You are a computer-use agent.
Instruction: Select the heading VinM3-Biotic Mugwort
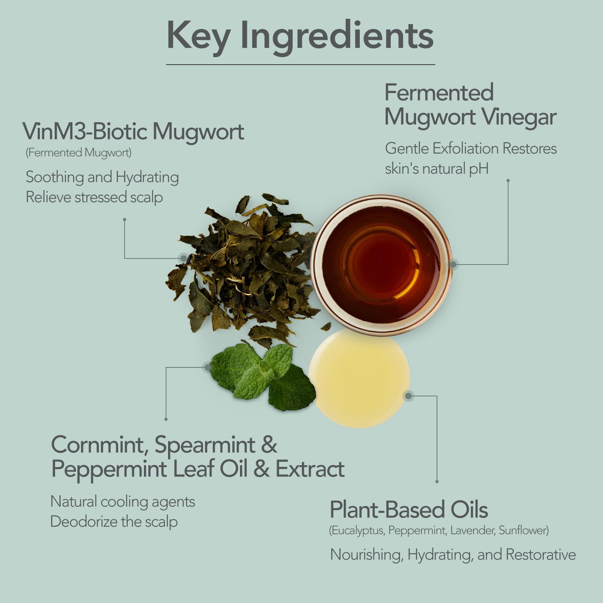coord(133,131)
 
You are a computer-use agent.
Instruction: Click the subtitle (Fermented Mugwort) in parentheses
coord(79,153)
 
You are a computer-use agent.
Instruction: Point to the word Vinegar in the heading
coord(519,118)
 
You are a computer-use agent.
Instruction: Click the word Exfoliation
coord(466,148)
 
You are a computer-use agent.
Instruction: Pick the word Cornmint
coord(98,445)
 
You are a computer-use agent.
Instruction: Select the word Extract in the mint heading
coord(310,469)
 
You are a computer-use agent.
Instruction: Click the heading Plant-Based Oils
coord(409,510)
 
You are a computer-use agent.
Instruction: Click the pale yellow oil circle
coord(359,378)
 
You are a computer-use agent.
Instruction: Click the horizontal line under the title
coord(301,64)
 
